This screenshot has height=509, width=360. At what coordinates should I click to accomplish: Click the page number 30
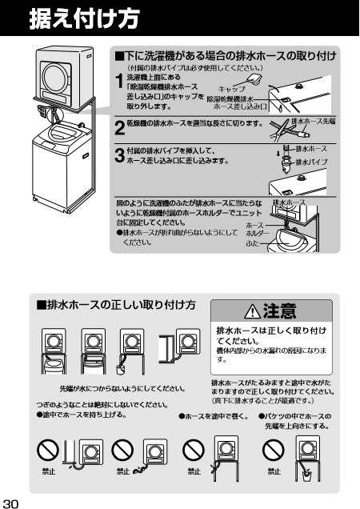click(10, 503)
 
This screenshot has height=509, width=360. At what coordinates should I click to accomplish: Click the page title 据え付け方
click(85, 18)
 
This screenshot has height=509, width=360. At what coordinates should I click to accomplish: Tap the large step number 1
click(120, 81)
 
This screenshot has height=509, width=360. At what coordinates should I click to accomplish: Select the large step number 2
click(120, 127)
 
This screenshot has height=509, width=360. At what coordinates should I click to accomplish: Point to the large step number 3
click(120, 155)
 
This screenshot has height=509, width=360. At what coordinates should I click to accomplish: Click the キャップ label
click(231, 90)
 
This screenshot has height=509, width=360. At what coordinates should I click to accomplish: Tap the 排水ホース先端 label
click(314, 121)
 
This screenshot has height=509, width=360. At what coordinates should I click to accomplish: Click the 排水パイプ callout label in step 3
click(311, 162)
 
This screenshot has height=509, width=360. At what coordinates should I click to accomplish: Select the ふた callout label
click(253, 242)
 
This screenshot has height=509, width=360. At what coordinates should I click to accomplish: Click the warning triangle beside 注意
click(252, 311)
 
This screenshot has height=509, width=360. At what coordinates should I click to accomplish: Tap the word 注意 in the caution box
click(280, 311)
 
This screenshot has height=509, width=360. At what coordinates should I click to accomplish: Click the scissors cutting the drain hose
click(279, 130)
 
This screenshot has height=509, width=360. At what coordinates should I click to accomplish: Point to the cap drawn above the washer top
click(254, 79)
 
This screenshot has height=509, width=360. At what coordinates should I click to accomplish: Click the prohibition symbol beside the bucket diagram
click(273, 451)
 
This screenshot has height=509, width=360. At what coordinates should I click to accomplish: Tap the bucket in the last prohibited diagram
click(306, 476)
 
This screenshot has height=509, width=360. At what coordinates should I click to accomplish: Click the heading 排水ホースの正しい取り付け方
click(116, 305)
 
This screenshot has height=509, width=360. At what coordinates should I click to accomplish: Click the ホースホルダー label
click(258, 229)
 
